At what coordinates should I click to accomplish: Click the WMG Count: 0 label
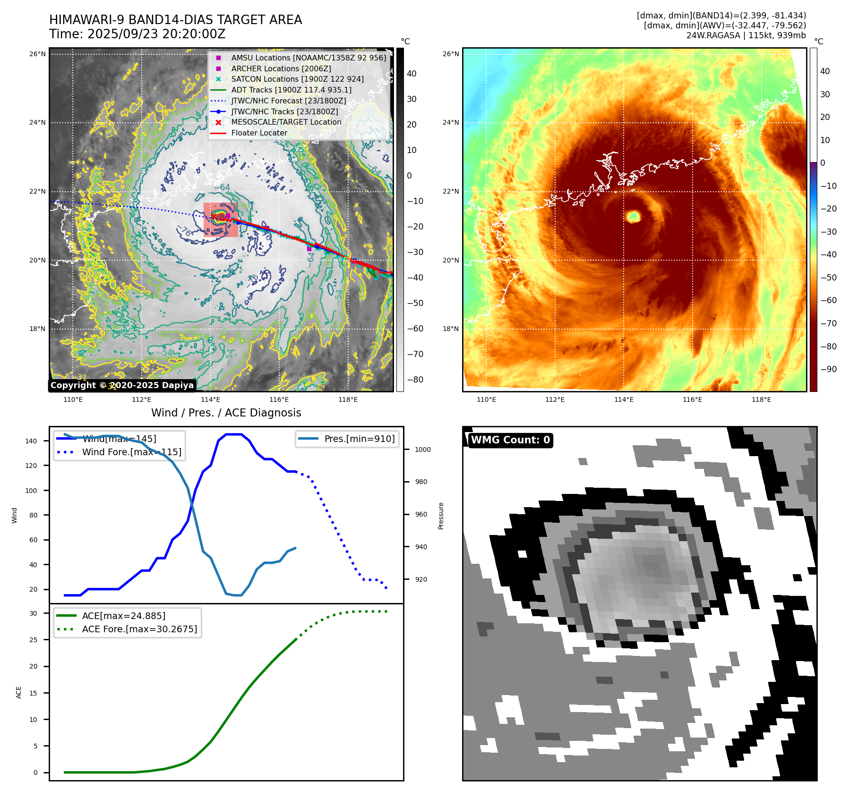510,440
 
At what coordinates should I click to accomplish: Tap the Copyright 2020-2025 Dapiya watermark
122,385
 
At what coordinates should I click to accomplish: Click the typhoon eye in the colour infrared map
633,217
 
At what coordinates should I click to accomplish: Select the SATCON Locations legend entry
297,79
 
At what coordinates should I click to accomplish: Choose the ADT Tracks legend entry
291,90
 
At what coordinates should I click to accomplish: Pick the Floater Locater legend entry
259,133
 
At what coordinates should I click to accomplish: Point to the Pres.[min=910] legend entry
359,439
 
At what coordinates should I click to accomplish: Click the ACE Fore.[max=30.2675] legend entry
139,629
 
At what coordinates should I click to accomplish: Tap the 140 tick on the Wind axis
31,441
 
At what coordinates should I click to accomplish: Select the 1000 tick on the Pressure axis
422,450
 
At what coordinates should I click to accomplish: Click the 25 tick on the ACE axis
33,640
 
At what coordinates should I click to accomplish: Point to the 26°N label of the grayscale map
37,54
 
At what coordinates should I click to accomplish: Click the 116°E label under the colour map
692,399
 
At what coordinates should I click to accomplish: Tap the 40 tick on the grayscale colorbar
412,74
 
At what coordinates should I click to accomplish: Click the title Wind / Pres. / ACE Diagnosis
226,413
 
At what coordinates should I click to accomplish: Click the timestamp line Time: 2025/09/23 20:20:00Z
137,34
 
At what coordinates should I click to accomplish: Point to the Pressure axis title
441,516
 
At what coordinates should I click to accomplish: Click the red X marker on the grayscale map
214,216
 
